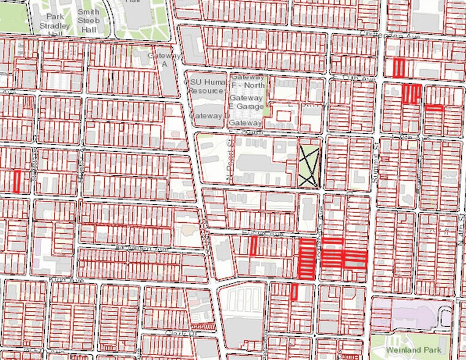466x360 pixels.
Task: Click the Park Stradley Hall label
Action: click(x=50, y=22)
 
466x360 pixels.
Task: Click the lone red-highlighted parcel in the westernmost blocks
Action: click(x=18, y=181)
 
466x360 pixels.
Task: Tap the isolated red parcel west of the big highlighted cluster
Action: click(x=253, y=246)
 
